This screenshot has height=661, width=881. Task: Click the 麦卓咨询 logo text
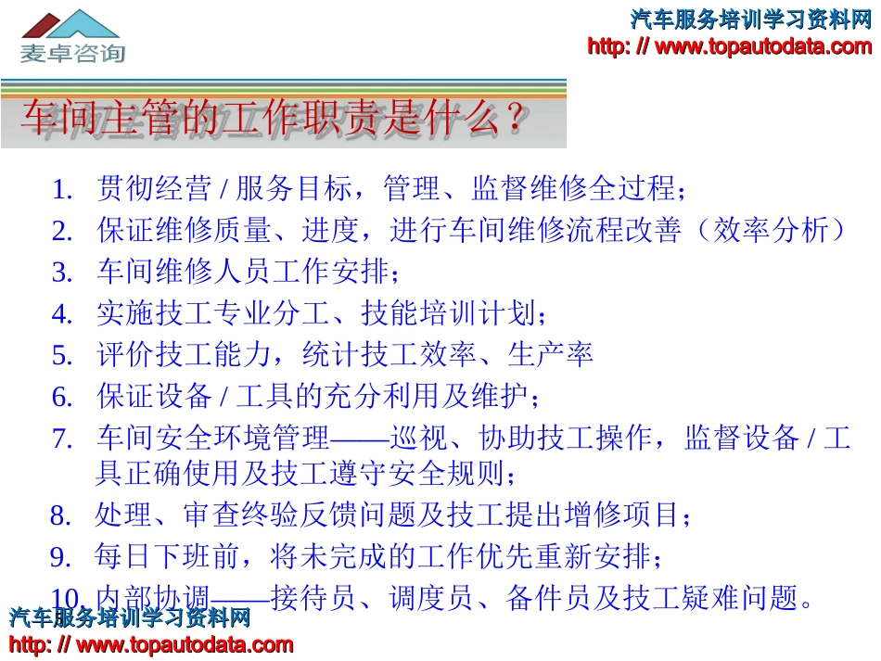pyautogui.click(x=72, y=52)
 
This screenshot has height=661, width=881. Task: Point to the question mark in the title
pyautogui.click(x=515, y=118)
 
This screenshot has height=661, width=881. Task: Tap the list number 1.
pyautogui.click(x=62, y=190)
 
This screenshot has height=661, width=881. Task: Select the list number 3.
pyautogui.click(x=62, y=273)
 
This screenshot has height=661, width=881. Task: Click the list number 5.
pyautogui.click(x=62, y=355)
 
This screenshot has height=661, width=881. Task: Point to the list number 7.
pyautogui.click(x=62, y=439)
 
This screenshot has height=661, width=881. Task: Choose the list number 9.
pyautogui.click(x=61, y=557)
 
